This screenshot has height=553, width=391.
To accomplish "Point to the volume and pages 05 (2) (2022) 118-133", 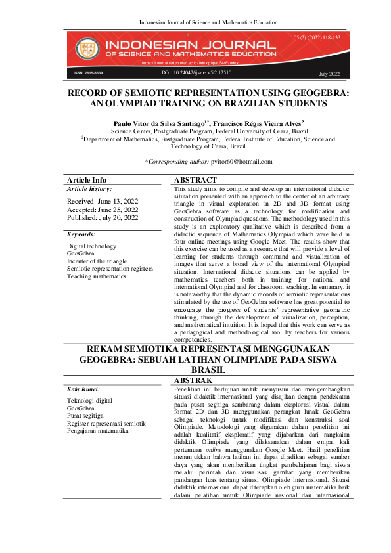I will [x=317, y=38].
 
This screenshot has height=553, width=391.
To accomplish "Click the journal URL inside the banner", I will [x=190, y=63].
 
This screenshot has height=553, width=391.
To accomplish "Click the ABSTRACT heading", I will [x=195, y=180].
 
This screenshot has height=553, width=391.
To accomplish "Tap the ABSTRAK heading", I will [x=193, y=380].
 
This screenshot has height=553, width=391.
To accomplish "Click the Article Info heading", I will [x=87, y=180].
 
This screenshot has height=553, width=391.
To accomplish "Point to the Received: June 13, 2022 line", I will [x=103, y=200].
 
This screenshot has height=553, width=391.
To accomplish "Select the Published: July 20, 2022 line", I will [x=103, y=217].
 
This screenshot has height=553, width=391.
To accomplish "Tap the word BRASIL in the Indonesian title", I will [x=195, y=370].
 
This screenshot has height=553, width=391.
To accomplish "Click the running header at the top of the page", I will [x=195, y=23].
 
